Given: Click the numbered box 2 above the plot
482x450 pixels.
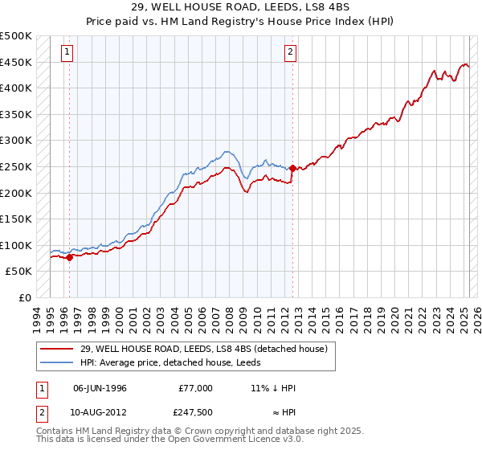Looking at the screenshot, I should pos(291,53).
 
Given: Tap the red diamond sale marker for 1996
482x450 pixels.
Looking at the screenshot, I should pos(70,257).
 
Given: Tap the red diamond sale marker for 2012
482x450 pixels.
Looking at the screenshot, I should pos(293,168).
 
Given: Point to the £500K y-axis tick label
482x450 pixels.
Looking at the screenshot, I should pos(16,36).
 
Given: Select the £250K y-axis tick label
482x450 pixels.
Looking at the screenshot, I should pos(16,167).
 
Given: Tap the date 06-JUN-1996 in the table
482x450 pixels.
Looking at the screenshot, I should pos(100,388).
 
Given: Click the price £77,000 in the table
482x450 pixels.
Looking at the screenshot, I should pos(195,388).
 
